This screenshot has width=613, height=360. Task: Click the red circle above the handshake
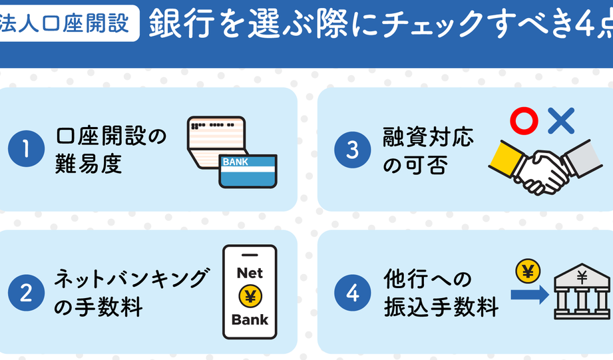[524, 121]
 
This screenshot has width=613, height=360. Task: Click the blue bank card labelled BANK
[248, 170]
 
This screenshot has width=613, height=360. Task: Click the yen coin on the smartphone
[249, 296]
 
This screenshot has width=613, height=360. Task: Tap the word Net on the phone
[249, 273]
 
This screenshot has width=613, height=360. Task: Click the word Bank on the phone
[249, 319]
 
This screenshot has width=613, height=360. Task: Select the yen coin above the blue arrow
[527, 270]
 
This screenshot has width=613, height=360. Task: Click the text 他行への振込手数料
[440, 293]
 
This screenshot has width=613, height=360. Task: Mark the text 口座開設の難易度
[110, 150]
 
